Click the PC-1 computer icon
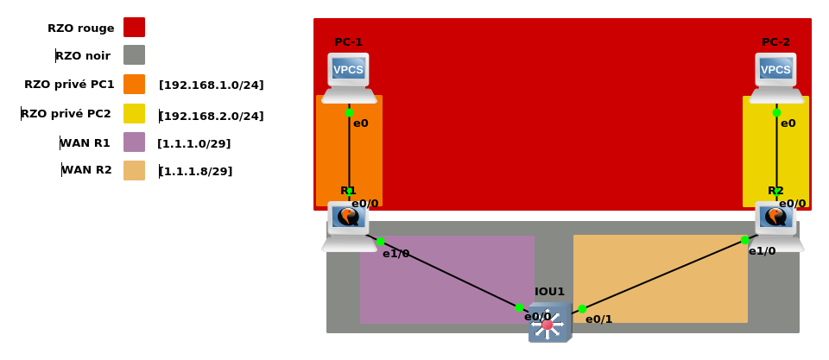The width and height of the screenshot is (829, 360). coord(349,77)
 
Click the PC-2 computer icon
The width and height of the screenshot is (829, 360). coord(775,77)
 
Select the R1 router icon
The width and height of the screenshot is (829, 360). coord(349,225)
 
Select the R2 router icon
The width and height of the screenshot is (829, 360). coord(775,225)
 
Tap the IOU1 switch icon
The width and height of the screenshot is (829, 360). coord(548,323)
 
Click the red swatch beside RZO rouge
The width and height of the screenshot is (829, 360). coord(134,28)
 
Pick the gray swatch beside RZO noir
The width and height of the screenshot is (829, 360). coord(134,55)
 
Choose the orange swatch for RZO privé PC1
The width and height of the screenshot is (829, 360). coord(134,85)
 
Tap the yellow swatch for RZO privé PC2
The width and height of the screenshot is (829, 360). coord(134,113)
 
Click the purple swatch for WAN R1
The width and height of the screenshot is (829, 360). coord(134,142)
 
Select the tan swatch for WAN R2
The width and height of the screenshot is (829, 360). coord(134,170)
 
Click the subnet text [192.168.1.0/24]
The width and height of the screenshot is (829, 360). coord(212,85)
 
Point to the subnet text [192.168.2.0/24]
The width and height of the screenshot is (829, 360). coord(212,116)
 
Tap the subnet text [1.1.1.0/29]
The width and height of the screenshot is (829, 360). coord(194,143)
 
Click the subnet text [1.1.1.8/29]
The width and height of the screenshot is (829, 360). coord(196,171)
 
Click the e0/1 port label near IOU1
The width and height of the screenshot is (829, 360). coord(598,319)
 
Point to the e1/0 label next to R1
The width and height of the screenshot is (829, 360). coord(396,254)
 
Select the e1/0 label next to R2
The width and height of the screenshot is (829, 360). coord(762,251)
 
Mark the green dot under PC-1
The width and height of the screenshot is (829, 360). coord(349,113)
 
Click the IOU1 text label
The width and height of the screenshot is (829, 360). coord(549,292)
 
